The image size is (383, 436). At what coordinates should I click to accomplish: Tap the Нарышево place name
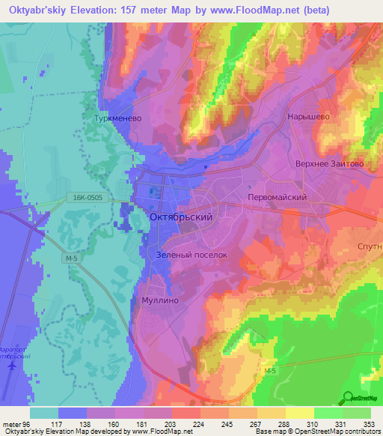pyautogui.click(x=309, y=117)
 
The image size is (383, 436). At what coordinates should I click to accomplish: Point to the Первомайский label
pyautogui.click(x=278, y=196)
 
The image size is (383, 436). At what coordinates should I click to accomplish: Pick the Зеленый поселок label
pyautogui.click(x=191, y=255)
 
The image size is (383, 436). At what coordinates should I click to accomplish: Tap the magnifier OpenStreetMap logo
pyautogui.click(x=348, y=398)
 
